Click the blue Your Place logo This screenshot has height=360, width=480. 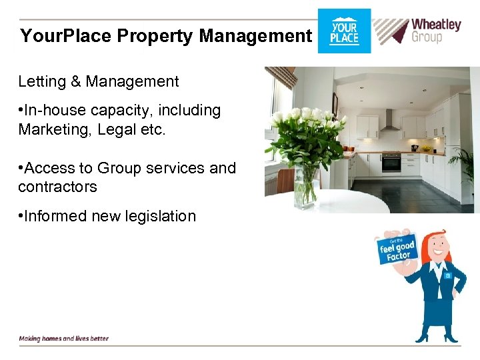[x=344, y=31]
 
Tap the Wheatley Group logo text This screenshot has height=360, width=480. [x=435, y=31]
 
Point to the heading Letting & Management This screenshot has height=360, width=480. [x=99, y=81]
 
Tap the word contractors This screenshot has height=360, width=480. [x=57, y=187]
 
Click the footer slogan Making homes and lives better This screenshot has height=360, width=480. [x=63, y=338]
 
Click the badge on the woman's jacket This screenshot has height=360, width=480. [x=448, y=275]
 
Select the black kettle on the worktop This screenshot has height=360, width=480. [x=415, y=147]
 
